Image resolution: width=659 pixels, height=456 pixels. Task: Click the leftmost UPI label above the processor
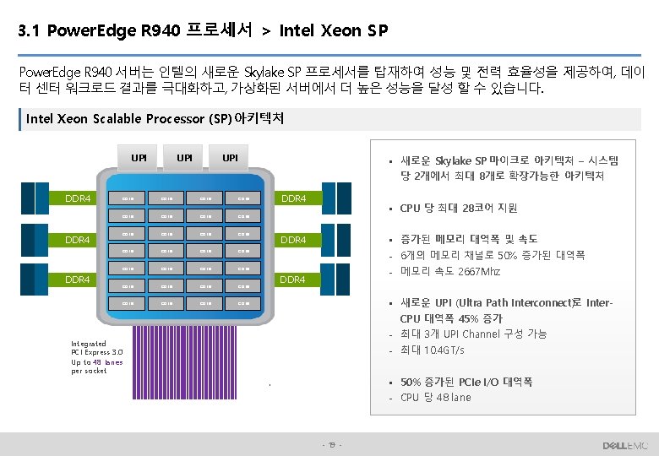(139, 157)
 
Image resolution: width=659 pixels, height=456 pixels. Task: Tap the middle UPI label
(184, 157)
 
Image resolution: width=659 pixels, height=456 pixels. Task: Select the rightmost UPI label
(229, 157)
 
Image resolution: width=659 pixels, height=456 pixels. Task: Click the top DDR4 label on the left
(78, 199)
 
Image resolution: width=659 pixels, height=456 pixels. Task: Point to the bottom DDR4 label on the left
(78, 279)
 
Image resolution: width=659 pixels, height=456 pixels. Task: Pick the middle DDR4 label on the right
(293, 240)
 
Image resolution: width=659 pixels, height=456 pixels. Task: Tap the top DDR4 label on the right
(293, 199)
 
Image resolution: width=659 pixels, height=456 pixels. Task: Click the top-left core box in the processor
(129, 199)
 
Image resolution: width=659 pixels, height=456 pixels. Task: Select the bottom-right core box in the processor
(243, 303)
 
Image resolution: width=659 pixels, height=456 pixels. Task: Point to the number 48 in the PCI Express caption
(98, 362)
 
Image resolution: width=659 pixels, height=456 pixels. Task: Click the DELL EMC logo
(624, 445)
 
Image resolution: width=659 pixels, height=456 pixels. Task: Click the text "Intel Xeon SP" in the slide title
(333, 32)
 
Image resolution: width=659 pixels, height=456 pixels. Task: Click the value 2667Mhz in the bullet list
(478, 272)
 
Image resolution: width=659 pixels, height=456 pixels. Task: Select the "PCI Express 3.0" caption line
(97, 353)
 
